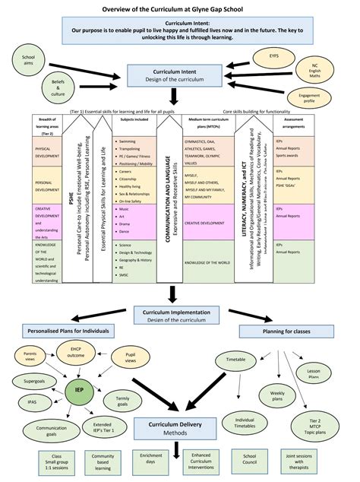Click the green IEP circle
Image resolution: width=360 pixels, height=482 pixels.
80,391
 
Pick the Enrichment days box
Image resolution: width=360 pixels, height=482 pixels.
146,458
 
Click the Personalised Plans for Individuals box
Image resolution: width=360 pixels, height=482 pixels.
68,331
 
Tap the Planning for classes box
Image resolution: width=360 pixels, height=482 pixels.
287,331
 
